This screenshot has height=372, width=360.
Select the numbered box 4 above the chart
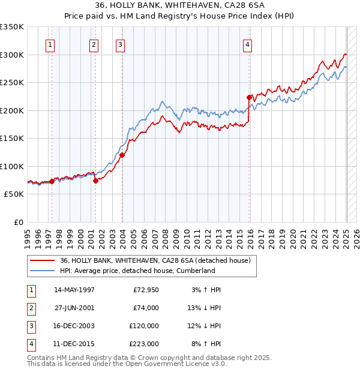[247, 44]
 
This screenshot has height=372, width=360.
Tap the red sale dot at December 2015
[249, 97]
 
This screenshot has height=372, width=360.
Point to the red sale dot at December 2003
[122, 155]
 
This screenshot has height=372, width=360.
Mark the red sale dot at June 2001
[95, 181]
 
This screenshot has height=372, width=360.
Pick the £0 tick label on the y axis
[18, 222]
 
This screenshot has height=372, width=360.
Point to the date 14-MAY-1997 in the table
[74, 290]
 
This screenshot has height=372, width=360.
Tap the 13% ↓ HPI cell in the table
[204, 308]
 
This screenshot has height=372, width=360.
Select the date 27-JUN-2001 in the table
[74, 308]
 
